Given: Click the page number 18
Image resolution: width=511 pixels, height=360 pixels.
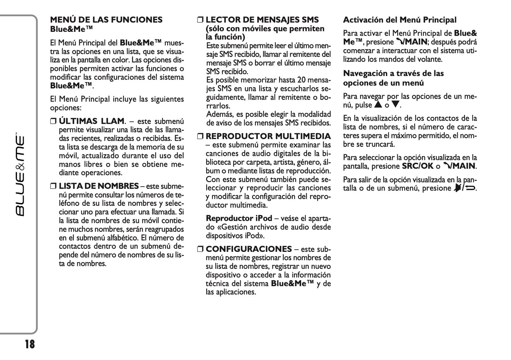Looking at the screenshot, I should [x=30, y=344].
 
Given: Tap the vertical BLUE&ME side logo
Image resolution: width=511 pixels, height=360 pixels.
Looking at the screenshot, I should [x=20, y=175].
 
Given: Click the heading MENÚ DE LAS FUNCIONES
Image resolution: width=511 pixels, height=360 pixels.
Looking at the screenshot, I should [x=106, y=20].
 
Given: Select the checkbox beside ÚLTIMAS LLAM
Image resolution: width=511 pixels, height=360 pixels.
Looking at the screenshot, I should [x=53, y=121].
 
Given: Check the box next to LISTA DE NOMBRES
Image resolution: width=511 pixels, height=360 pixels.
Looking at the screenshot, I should [x=53, y=186].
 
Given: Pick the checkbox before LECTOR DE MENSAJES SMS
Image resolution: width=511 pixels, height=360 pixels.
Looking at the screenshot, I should [x=200, y=20].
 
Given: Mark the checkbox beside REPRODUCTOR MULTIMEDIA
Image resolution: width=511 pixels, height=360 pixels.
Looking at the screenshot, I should [x=200, y=137].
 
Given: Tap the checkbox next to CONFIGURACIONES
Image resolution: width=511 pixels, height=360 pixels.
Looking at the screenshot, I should [x=200, y=249].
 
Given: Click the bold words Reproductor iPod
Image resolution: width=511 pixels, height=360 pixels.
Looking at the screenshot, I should [x=239, y=218].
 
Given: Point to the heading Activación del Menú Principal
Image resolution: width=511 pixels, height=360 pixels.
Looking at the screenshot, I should [x=400, y=20].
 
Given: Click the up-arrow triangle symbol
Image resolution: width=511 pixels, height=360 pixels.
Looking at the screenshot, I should [x=378, y=105].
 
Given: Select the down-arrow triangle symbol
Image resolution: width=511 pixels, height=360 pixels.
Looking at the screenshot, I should [x=395, y=105].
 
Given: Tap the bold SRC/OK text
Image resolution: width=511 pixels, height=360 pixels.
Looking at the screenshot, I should [x=417, y=166].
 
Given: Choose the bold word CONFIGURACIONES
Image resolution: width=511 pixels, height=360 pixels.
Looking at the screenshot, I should [x=249, y=249].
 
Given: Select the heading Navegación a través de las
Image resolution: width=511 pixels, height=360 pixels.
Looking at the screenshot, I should [x=393, y=74].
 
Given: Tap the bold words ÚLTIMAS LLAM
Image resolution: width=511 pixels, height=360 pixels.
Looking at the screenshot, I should [x=91, y=121].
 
